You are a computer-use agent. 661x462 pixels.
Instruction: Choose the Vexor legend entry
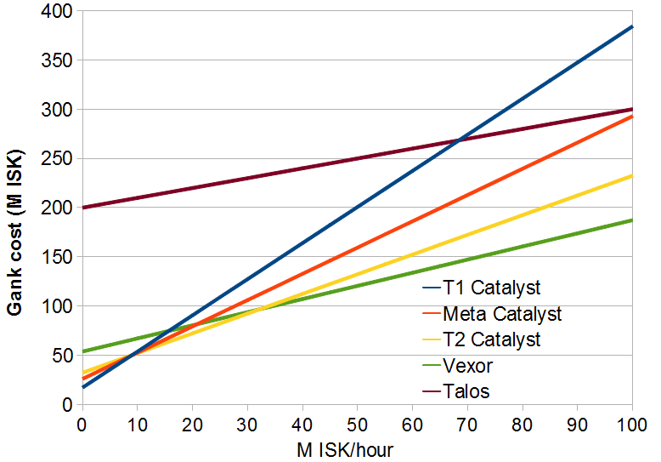468,367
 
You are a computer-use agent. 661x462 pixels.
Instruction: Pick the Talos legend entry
466,392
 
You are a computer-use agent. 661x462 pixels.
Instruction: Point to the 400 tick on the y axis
59,12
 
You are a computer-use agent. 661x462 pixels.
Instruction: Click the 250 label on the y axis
59,159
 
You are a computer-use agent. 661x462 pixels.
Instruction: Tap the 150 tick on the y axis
59,257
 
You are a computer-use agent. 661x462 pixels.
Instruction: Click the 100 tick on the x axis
632,423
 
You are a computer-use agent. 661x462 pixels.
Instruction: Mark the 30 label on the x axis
247,423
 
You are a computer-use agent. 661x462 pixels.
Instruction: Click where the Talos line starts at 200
82,208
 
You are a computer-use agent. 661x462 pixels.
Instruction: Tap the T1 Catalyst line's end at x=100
632,26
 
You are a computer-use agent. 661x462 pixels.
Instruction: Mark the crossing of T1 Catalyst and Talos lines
459,140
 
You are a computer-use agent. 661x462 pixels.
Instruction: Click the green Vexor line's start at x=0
82,351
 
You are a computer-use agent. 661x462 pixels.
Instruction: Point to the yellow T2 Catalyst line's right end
632,175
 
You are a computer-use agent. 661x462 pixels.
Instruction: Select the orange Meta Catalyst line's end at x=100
632,116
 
